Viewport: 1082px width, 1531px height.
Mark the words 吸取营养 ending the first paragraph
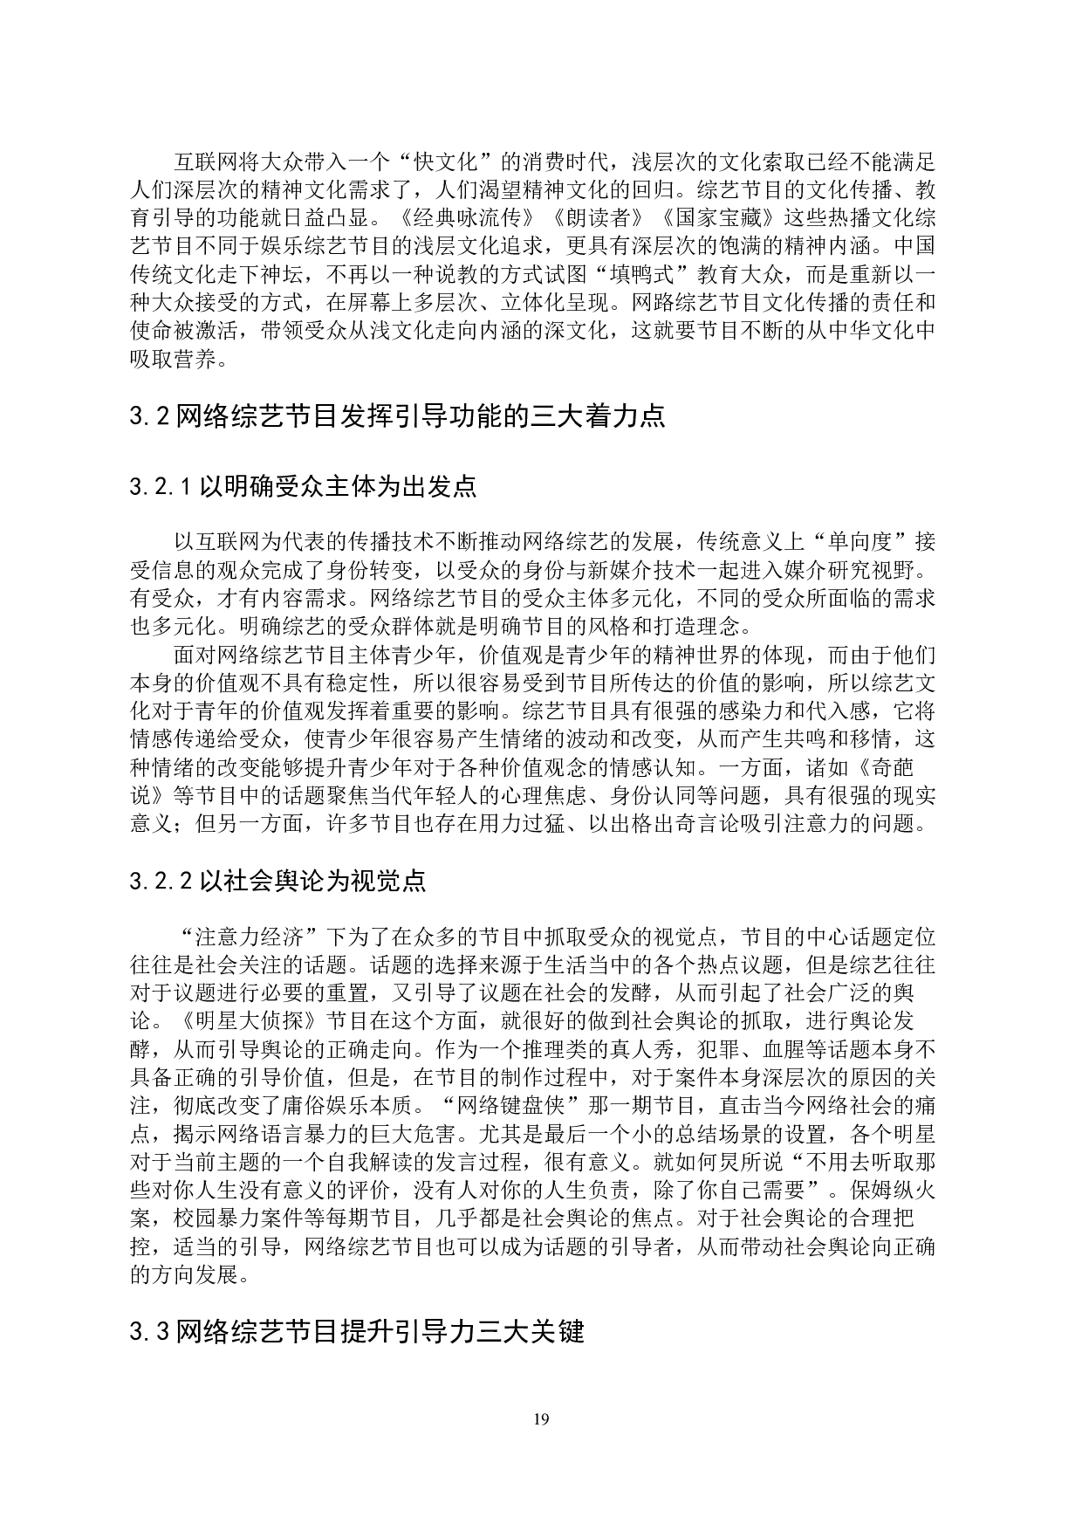click(173, 360)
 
